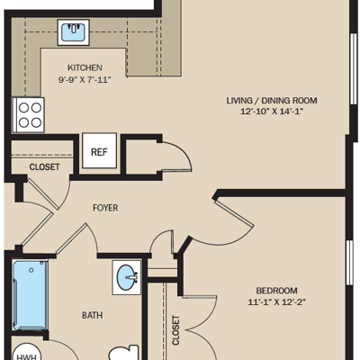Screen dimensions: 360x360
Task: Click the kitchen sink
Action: (x=73, y=32)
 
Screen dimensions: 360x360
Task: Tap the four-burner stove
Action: (x=29, y=115)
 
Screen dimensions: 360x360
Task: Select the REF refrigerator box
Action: (x=99, y=150)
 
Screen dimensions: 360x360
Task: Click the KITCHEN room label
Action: (x=85, y=67)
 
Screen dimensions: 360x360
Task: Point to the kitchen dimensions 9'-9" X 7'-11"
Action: (x=85, y=80)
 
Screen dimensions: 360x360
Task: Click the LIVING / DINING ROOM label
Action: (x=272, y=101)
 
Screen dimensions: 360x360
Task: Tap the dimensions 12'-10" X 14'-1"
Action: (x=272, y=112)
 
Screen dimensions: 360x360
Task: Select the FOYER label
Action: (x=105, y=208)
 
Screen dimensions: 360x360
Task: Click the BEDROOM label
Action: (x=276, y=291)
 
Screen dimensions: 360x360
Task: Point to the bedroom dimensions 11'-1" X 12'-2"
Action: (x=276, y=301)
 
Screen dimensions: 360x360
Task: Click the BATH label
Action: (x=93, y=315)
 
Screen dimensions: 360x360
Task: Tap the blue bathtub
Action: (x=30, y=295)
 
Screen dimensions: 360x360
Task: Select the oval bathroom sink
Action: (x=127, y=277)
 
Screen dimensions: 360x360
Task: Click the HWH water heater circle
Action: (x=27, y=352)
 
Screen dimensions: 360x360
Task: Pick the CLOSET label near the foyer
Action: (x=44, y=166)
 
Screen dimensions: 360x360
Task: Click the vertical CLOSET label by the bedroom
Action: (x=175, y=330)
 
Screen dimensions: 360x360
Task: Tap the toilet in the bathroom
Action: (x=123, y=354)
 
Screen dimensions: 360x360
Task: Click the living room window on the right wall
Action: (x=354, y=68)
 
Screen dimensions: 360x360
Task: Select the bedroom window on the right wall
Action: (x=350, y=263)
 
